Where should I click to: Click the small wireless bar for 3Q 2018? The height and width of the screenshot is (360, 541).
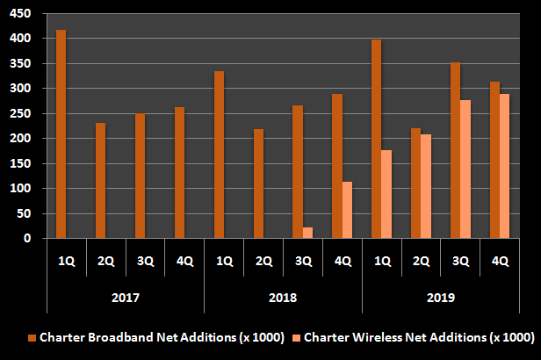click(x=307, y=233)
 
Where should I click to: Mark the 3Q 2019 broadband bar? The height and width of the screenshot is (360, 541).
click(x=455, y=150)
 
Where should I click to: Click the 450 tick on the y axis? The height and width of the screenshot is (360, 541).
click(x=20, y=14)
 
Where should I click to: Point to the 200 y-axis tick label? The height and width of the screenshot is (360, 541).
click(x=20, y=139)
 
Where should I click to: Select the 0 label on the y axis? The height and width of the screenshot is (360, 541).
click(x=27, y=238)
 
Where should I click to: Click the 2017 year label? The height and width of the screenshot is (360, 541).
click(x=125, y=298)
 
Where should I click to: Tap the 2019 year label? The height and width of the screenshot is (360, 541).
click(x=441, y=298)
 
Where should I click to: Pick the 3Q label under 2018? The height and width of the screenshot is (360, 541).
click(x=303, y=261)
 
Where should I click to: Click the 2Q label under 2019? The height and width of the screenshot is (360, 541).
click(x=422, y=261)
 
